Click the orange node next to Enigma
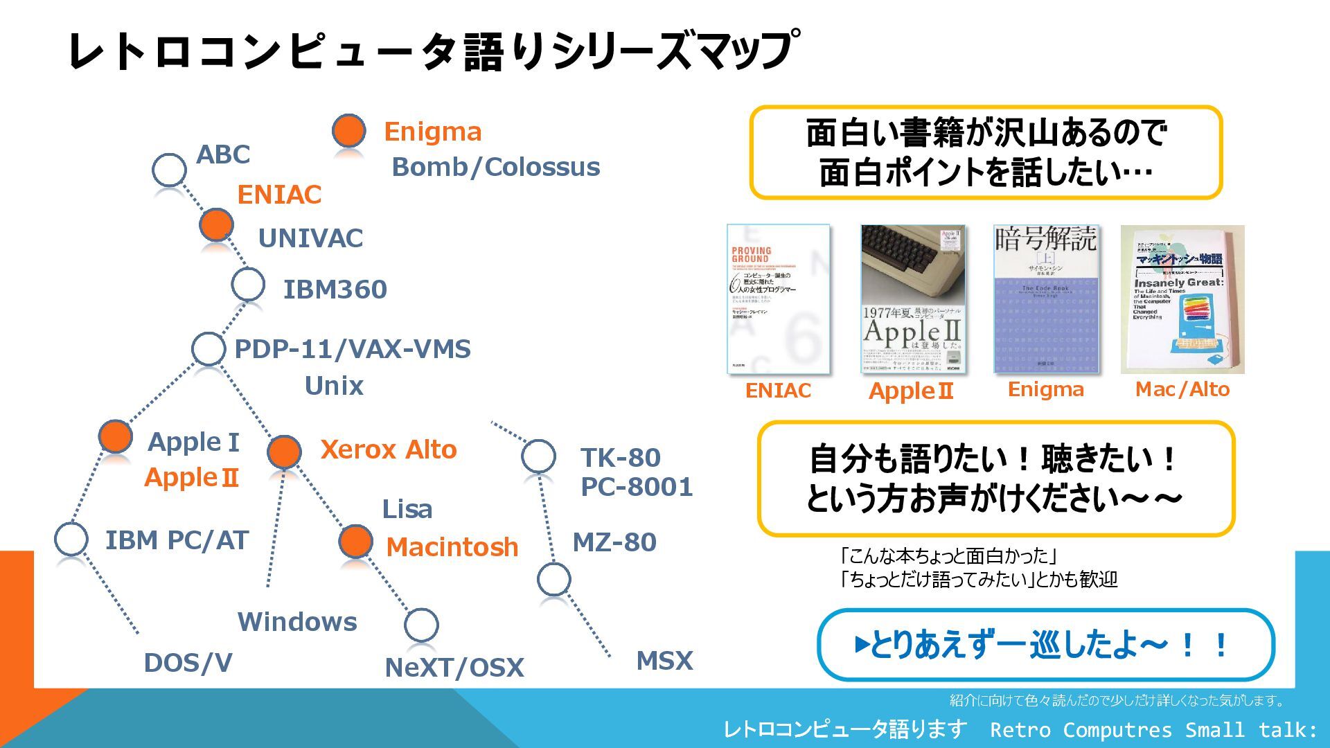348,130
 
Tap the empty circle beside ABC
169,169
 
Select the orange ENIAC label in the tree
279,195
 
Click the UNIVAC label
310,238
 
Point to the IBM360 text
335,290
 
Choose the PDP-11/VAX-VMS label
353,349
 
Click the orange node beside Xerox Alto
284,452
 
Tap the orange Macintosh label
452,547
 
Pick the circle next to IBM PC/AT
71,539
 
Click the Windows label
297,622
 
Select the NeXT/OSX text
454,668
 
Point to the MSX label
664,661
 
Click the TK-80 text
621,458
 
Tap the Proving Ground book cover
778,299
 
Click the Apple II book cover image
912,299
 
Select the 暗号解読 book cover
1046,299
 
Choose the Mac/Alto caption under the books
1182,389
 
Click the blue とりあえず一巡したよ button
1045,645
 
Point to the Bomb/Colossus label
496,167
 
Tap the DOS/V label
188,663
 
